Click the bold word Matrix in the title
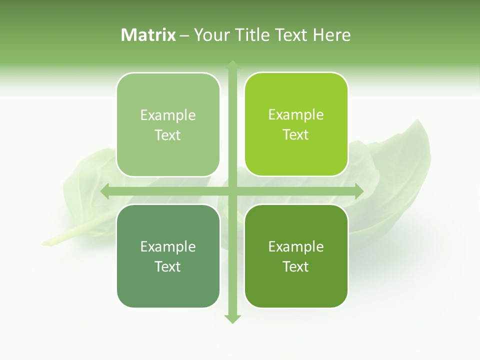(148, 35)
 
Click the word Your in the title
(210, 35)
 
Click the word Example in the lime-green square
(296, 114)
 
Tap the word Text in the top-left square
(168, 135)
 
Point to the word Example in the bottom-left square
(168, 246)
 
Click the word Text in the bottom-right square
(296, 266)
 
